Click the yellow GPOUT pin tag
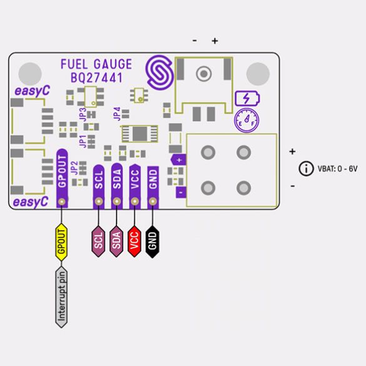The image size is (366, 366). click(x=61, y=242)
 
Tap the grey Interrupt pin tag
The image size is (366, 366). click(x=61, y=297)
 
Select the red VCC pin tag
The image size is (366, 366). click(x=135, y=241)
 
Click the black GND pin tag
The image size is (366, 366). click(x=153, y=241)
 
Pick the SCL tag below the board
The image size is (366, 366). click(x=98, y=241)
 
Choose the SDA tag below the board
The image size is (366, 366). click(x=116, y=241)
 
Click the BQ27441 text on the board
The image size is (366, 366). click(x=96, y=78)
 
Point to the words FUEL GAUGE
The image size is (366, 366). click(x=96, y=64)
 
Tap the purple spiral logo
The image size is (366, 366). click(x=160, y=73)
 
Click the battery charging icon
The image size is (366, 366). click(x=247, y=98)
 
